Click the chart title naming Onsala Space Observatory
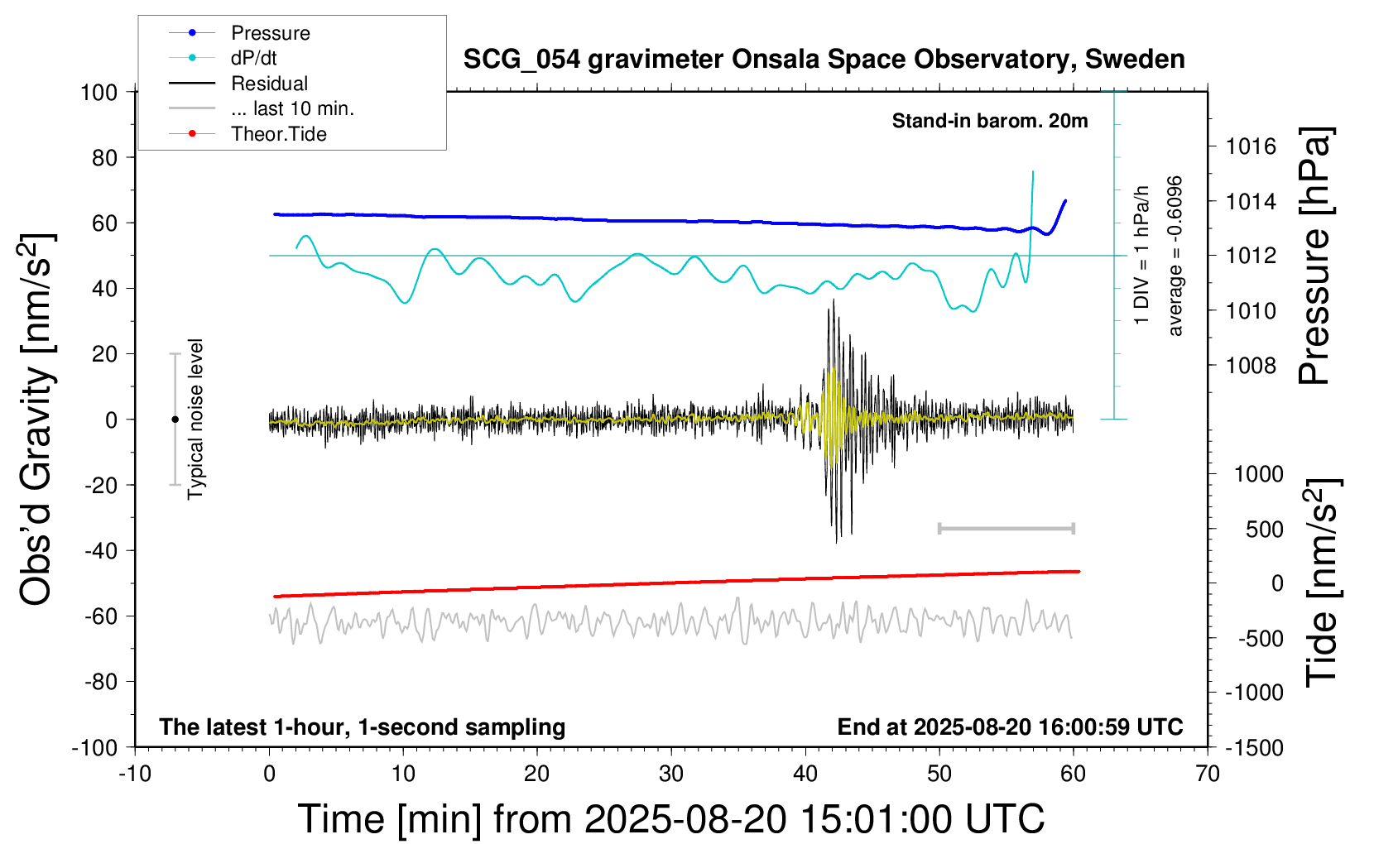click(x=824, y=60)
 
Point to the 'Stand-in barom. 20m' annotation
click(x=989, y=121)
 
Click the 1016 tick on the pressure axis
click(x=1251, y=146)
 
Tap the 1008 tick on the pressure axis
click(x=1251, y=365)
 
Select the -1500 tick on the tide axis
click(x=1254, y=747)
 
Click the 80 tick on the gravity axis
click(x=104, y=157)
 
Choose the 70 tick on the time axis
click(x=1208, y=774)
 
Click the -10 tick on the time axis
click(x=135, y=774)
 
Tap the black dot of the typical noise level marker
click(x=175, y=420)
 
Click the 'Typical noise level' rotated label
click(x=195, y=419)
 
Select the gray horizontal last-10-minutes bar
click(x=1006, y=528)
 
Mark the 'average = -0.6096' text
click(x=1175, y=256)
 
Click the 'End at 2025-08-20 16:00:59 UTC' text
click(x=1010, y=727)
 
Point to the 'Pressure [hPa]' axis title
click(x=1315, y=256)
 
